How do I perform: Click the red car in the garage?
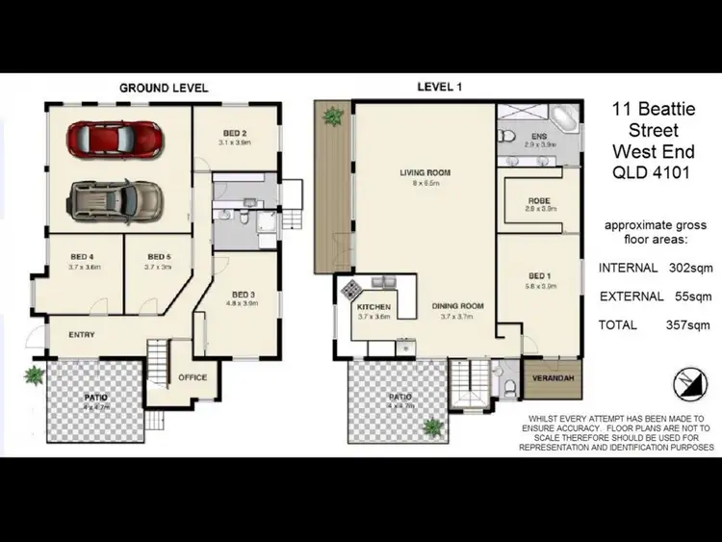tap(114, 137)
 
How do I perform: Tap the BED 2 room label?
tap(234, 133)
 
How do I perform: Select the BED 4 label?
tap(81, 257)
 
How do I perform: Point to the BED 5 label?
tap(159, 257)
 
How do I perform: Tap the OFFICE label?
tap(193, 377)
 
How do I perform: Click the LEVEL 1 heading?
tap(439, 87)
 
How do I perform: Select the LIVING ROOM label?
tap(425, 173)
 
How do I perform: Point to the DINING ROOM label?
tap(457, 306)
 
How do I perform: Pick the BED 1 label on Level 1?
tap(542, 274)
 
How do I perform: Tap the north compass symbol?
tap(686, 381)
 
